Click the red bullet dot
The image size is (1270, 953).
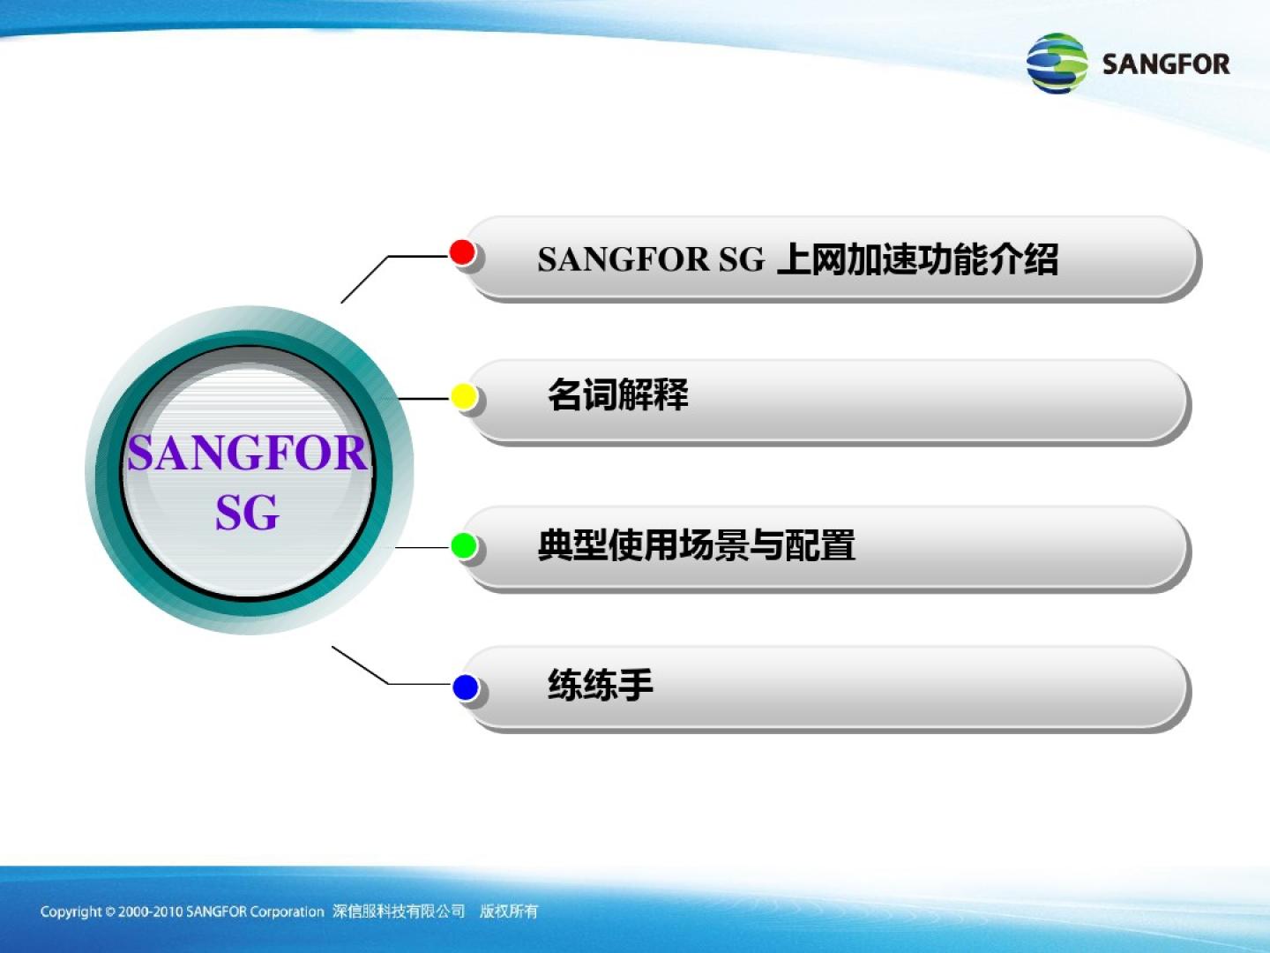(462, 252)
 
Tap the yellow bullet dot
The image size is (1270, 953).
(463, 397)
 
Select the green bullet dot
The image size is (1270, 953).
(463, 545)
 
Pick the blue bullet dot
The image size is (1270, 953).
(465, 687)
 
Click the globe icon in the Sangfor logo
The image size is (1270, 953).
(1057, 63)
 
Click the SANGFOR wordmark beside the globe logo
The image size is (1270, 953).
(1166, 64)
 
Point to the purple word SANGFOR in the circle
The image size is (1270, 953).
(248, 453)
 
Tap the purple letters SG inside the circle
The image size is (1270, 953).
(247, 513)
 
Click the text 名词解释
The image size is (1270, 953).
(618, 394)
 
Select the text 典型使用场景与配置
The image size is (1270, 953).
(697, 544)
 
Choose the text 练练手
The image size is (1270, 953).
(601, 685)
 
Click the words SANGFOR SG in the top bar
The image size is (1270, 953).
(651, 259)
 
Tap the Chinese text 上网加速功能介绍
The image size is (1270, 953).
(918, 259)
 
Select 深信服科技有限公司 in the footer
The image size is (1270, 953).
(399, 912)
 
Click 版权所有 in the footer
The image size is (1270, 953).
(509, 912)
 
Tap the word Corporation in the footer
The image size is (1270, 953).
(287, 912)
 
